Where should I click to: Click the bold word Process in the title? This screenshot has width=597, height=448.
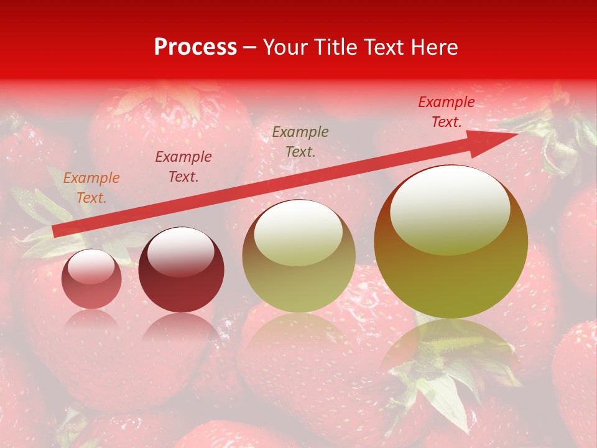[x=195, y=47]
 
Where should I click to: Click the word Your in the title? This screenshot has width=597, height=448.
[x=286, y=47]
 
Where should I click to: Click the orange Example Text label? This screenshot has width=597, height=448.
[x=91, y=188]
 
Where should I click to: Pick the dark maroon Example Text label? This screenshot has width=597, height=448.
[x=183, y=167]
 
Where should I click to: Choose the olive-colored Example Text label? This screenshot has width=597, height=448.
[x=300, y=142]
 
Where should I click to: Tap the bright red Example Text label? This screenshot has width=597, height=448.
[x=447, y=112]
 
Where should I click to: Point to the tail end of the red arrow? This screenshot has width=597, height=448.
[x=55, y=231]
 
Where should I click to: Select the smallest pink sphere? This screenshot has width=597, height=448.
[x=91, y=279]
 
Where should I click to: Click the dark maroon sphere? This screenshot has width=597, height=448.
[x=181, y=269]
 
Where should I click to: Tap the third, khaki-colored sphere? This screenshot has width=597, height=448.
[x=299, y=256]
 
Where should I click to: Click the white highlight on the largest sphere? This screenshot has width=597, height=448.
[x=450, y=208]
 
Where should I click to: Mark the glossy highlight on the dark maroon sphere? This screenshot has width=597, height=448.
[x=180, y=250]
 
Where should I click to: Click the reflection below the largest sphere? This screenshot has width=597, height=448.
[x=451, y=348]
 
